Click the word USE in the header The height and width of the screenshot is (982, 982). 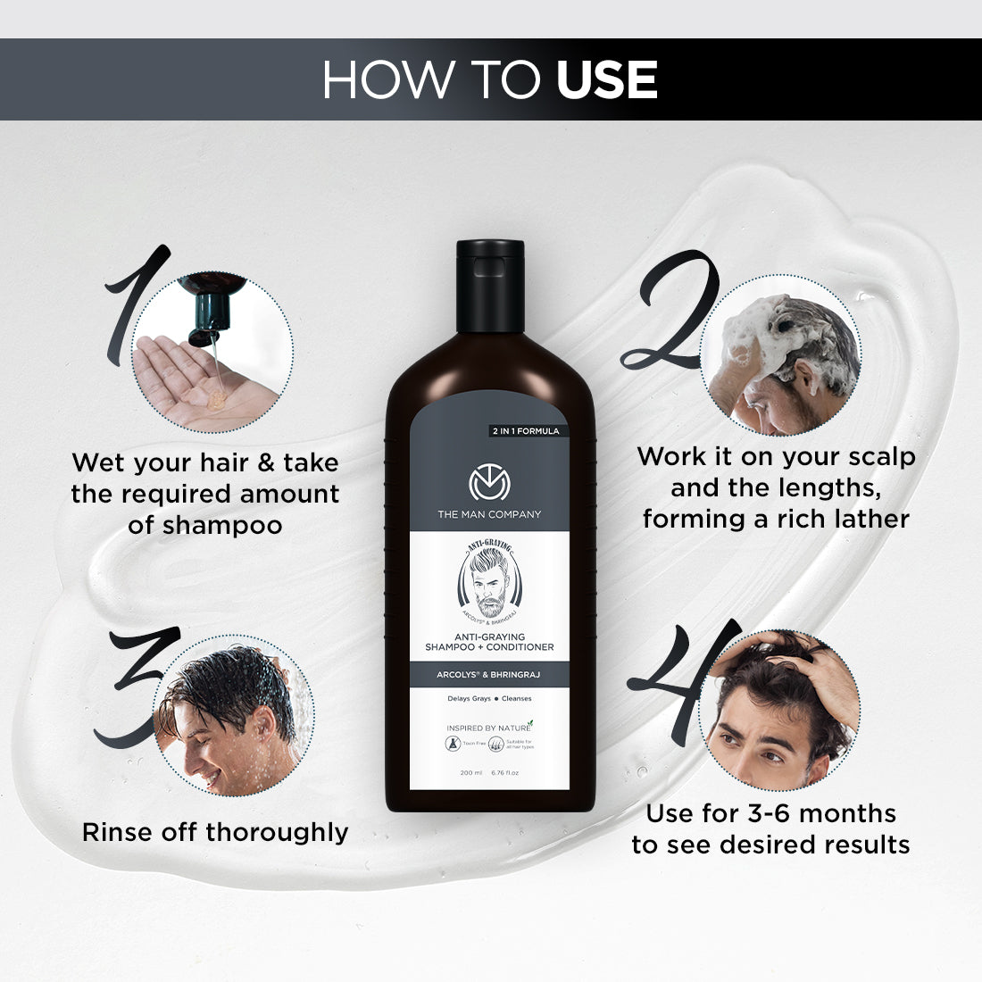pyautogui.click(x=606, y=80)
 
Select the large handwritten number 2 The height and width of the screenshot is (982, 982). pyautogui.click(x=671, y=312)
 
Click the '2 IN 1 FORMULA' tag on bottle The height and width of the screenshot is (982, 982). pyautogui.click(x=526, y=431)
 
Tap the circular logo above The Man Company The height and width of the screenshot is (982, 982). pyautogui.click(x=489, y=483)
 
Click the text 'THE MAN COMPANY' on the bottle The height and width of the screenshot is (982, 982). pyautogui.click(x=489, y=514)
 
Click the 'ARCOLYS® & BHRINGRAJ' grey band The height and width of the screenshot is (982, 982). pyautogui.click(x=489, y=675)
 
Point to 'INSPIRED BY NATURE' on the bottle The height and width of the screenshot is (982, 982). pyautogui.click(x=487, y=728)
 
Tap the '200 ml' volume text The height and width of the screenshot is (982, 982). pyautogui.click(x=470, y=772)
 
